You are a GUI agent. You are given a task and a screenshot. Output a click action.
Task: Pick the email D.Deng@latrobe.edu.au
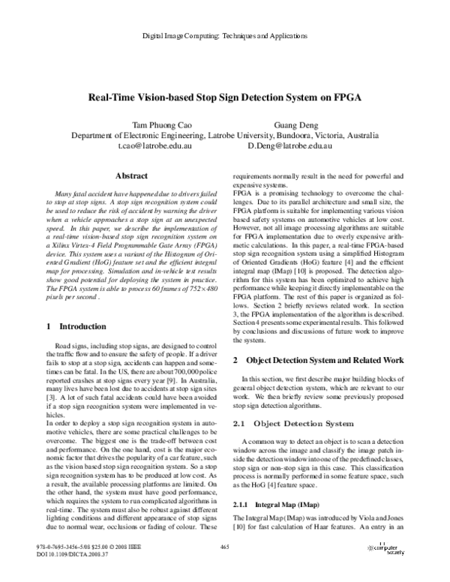point(289,146)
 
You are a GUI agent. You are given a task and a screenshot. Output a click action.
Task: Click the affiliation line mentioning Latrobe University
point(224,136)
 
